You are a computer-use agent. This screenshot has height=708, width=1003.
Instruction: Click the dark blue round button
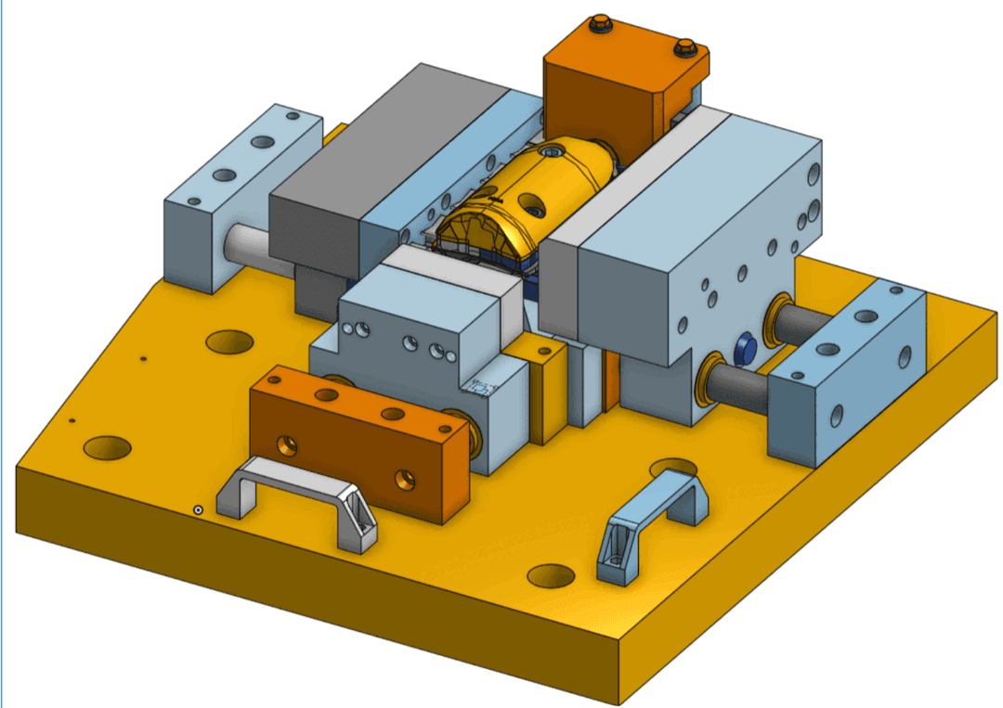pyautogui.click(x=745, y=349)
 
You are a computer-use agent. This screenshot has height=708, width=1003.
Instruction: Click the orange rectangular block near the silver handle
pyautogui.click(x=358, y=436)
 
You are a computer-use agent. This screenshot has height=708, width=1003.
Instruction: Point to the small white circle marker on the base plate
pyautogui.click(x=198, y=509)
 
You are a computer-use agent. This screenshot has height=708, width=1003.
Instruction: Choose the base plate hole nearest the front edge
pyautogui.click(x=552, y=576)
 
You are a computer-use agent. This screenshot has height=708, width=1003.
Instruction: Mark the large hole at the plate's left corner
pyautogui.click(x=107, y=447)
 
